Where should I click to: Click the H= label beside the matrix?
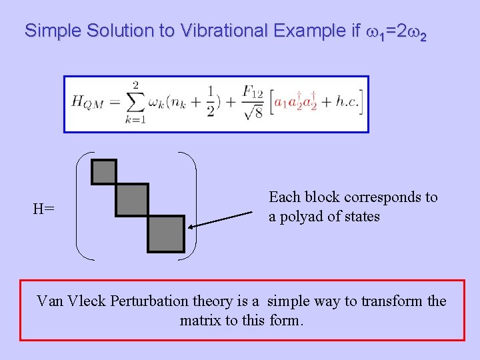pyautogui.click(x=44, y=209)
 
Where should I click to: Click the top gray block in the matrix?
pyautogui.click(x=103, y=172)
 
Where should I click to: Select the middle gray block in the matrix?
pyautogui.click(x=131, y=200)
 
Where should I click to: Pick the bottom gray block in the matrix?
pyautogui.click(x=165, y=233)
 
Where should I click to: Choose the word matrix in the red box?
pyautogui.click(x=201, y=321)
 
